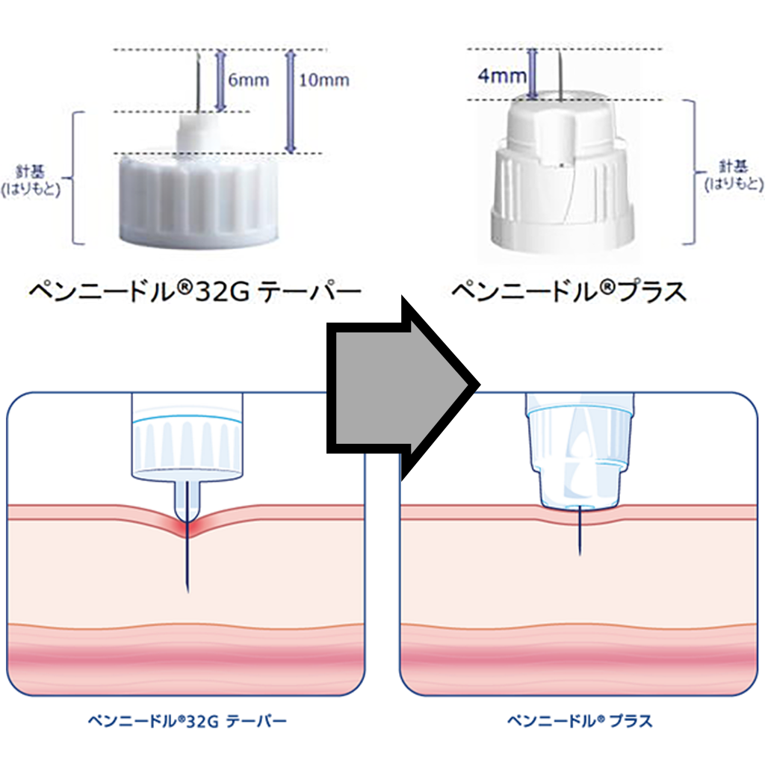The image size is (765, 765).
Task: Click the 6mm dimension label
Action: coord(249,81)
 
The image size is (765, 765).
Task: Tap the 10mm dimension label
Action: coord(323,79)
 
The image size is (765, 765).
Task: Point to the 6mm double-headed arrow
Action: coord(220,81)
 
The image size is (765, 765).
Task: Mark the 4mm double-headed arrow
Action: coord(532,75)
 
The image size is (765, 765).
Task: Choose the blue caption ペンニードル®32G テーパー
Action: coord(187,721)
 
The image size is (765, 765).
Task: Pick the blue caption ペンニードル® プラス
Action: coord(580,721)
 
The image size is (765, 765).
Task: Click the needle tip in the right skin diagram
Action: coord(580,553)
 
